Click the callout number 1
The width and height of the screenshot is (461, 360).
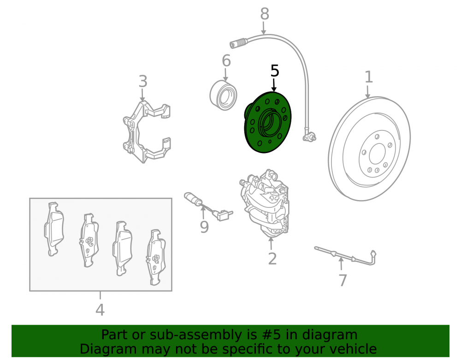click(369, 77)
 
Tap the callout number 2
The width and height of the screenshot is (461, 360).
click(272, 259)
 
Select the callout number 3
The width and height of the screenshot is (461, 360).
click(143, 81)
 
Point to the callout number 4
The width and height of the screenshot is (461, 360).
click(100, 310)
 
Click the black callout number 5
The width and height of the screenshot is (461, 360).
click(275, 71)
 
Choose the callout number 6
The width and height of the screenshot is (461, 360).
click(226, 61)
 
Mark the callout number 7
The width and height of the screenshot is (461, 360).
click(343, 280)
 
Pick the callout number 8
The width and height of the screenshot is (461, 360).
click(265, 14)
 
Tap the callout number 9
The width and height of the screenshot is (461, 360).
click(204, 227)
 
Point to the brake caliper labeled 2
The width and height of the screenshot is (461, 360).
click(265, 203)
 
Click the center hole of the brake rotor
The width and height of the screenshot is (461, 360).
click(377, 154)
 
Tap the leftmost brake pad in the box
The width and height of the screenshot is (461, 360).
click(54, 229)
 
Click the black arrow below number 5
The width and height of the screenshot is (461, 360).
click(274, 85)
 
